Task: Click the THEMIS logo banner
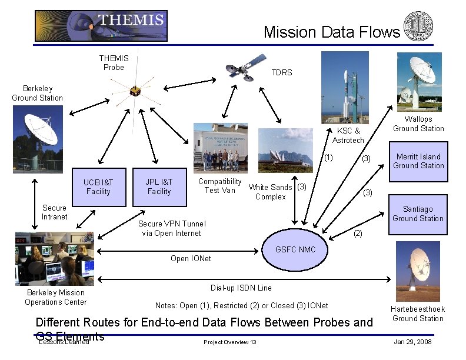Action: pyautogui.click(x=101, y=26)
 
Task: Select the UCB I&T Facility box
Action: pyautogui.click(x=98, y=187)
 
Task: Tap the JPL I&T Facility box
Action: pyautogui.click(x=159, y=187)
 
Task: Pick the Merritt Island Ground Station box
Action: pyautogui.click(x=418, y=161)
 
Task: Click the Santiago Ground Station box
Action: pyautogui.click(x=418, y=214)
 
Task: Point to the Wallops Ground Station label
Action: pyautogui.click(x=418, y=124)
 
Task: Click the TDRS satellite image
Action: pyautogui.click(x=247, y=66)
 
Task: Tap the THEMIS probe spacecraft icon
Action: pyautogui.click(x=135, y=92)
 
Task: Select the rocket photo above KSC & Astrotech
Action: pyautogui.click(x=345, y=86)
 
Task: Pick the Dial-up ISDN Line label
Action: pyautogui.click(x=241, y=288)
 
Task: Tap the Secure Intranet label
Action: pyautogui.click(x=54, y=212)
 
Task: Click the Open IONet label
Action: pyautogui.click(x=190, y=258)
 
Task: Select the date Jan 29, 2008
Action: pyautogui.click(x=412, y=342)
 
